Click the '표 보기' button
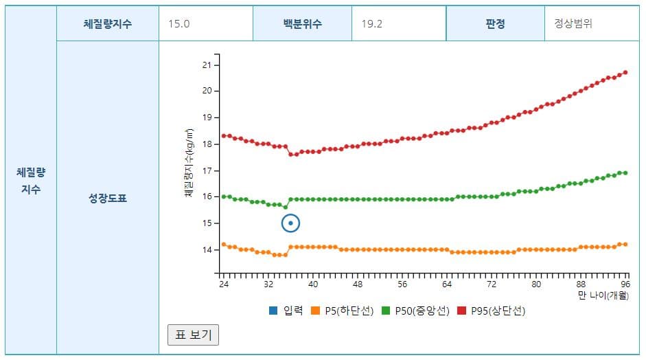[193, 335]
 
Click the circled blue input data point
[291, 223]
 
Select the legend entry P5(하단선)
[341, 311]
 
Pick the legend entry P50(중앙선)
[415, 311]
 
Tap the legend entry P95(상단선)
[491, 311]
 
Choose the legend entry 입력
[286, 311]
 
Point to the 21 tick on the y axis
[207, 65]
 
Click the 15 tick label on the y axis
[207, 223]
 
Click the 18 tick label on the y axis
[207, 144]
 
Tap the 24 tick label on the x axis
[223, 284]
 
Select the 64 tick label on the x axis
[447, 284]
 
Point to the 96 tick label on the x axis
[625, 284]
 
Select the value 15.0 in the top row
[179, 23]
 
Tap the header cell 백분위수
[302, 23]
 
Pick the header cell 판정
[495, 23]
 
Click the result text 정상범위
[573, 23]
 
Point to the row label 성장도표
[108, 199]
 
